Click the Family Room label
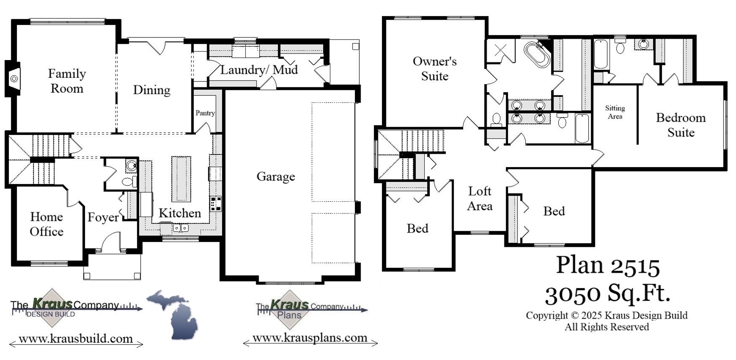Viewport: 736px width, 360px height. (x=67, y=81)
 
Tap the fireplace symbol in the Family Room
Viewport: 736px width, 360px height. (x=14, y=79)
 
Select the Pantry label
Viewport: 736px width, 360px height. (x=205, y=113)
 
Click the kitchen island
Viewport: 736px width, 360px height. (x=181, y=179)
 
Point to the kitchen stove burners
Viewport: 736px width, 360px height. (x=216, y=203)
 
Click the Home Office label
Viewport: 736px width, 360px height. (x=46, y=224)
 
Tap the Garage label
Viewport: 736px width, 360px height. (x=276, y=176)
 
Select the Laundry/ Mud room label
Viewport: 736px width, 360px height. (x=259, y=70)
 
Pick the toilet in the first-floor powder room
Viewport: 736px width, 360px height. (x=128, y=182)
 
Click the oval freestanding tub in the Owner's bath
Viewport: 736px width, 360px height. (x=537, y=54)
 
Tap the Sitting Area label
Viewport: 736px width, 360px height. (x=614, y=112)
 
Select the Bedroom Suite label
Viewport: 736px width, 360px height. (x=680, y=125)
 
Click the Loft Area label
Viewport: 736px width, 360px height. (x=480, y=198)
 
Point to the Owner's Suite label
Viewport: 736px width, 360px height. (x=434, y=69)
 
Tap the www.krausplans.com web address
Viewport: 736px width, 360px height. (x=310, y=338)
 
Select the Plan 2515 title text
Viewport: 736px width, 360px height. (x=607, y=265)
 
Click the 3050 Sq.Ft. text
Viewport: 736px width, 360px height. (x=607, y=294)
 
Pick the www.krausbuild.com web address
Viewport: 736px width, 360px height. (x=76, y=339)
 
